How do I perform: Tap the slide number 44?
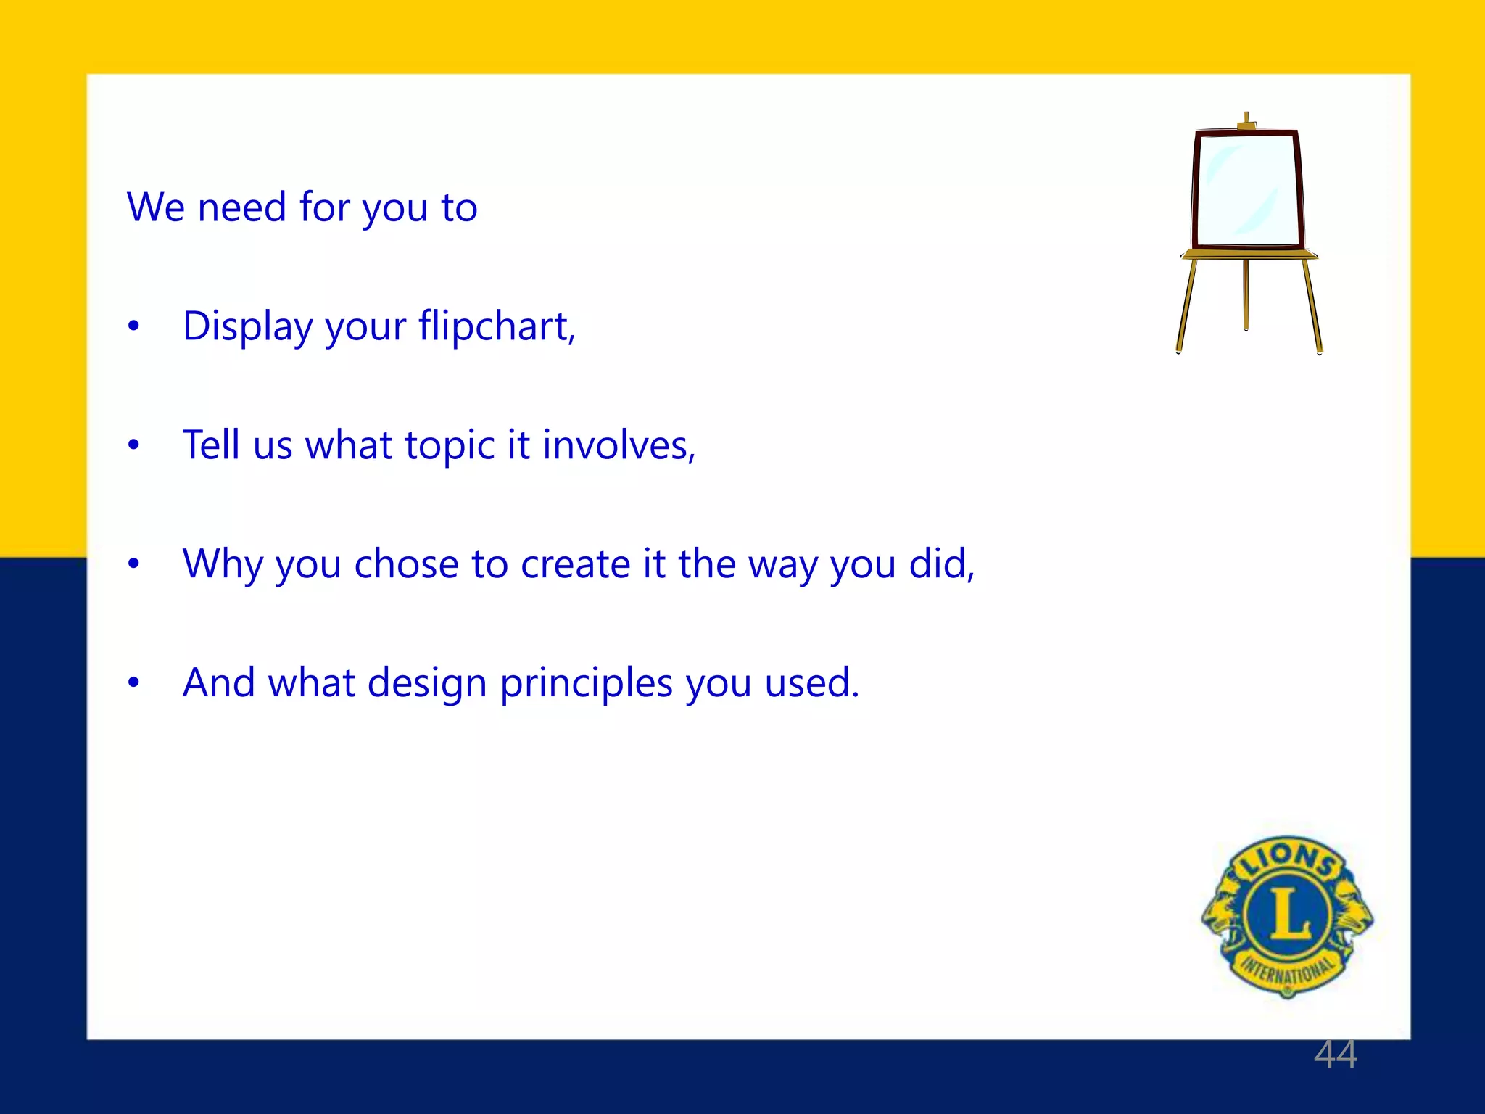[x=1335, y=1054]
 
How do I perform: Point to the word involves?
[x=618, y=445]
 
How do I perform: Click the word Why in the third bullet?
[x=223, y=564]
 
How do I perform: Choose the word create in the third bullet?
[x=575, y=564]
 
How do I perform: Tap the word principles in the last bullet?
[x=586, y=684]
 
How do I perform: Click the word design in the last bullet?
[x=426, y=684]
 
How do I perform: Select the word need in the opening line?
[x=242, y=207]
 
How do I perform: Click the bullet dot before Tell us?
[x=133, y=445]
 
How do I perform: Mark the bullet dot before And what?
[x=133, y=682]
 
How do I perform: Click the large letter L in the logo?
[x=1288, y=912]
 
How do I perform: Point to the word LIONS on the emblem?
[x=1288, y=859]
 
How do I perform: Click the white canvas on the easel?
[x=1247, y=190]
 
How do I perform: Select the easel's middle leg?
[x=1246, y=294]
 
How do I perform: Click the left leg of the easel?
[x=1186, y=305]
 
